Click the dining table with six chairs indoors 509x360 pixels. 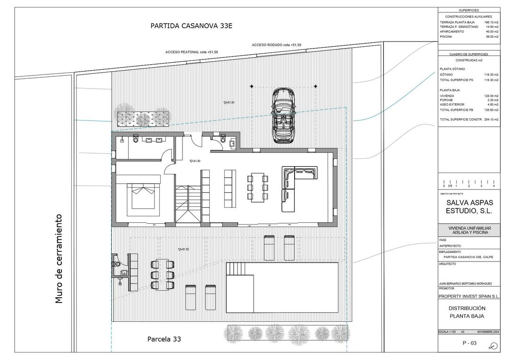click(x=257, y=187)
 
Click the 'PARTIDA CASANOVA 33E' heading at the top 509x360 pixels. click(x=191, y=26)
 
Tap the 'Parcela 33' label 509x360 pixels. click(x=164, y=339)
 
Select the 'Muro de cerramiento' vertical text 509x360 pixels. click(x=58, y=259)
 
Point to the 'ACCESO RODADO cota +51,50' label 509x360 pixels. click(x=276, y=45)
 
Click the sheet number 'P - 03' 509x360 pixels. click(x=469, y=343)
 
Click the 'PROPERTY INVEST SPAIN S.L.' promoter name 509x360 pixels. click(x=468, y=296)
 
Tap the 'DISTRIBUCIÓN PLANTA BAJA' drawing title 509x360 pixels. click(x=467, y=312)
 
